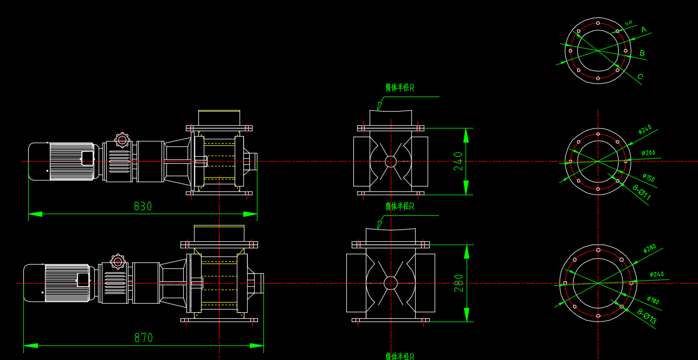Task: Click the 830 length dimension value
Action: click(x=143, y=207)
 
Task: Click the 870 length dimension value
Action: click(x=144, y=338)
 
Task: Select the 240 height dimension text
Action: click(x=458, y=162)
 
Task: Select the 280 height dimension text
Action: click(x=458, y=283)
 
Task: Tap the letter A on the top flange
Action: click(x=644, y=29)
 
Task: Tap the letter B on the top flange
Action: click(x=642, y=53)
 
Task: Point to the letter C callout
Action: click(x=640, y=76)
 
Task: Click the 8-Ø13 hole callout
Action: click(x=647, y=317)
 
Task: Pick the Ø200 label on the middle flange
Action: click(x=648, y=153)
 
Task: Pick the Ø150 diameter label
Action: click(x=649, y=177)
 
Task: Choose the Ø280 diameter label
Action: click(x=650, y=249)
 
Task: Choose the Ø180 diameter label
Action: click(x=653, y=300)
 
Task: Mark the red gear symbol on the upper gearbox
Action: click(x=122, y=140)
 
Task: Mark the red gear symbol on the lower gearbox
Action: click(x=118, y=262)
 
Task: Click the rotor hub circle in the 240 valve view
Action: click(x=391, y=162)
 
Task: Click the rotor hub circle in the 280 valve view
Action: click(x=391, y=283)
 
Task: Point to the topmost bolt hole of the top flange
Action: click(x=598, y=23)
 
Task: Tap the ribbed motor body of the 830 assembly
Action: click(x=72, y=161)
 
